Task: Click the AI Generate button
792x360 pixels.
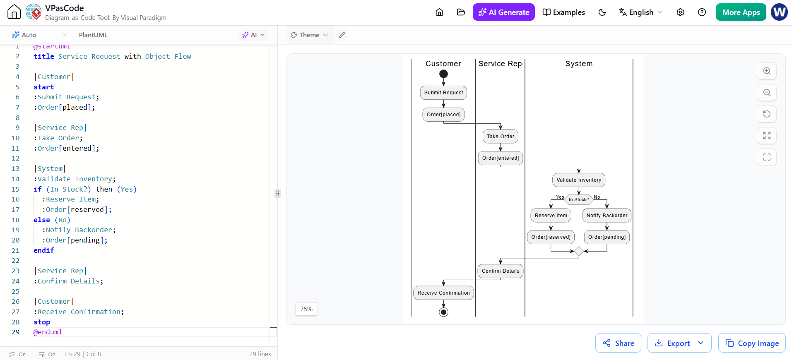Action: [x=503, y=12]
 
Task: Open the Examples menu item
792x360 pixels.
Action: [x=563, y=12]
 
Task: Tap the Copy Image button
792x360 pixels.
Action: [x=752, y=343]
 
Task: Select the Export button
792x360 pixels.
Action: [x=679, y=343]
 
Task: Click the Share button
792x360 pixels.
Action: [x=618, y=343]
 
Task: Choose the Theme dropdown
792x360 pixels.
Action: [x=309, y=35]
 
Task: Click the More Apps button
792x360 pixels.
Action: [x=741, y=12]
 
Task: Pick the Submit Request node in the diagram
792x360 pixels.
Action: [x=443, y=93]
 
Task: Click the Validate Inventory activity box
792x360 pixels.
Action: [x=579, y=180]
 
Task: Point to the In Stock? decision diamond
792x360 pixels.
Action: [x=579, y=199]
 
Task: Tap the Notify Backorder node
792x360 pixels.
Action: [x=607, y=216]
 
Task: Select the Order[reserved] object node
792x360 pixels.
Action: [x=551, y=237]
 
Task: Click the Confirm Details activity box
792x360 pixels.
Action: [x=501, y=271]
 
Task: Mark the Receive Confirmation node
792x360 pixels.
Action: [x=443, y=293]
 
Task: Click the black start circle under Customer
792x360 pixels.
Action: [x=443, y=74]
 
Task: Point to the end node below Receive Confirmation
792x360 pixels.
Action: [x=443, y=312]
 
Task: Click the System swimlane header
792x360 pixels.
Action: [x=579, y=64]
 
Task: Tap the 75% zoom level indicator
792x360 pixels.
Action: [x=306, y=309]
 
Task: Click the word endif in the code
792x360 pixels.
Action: [x=44, y=250]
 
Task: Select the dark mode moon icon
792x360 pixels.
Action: [x=602, y=12]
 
